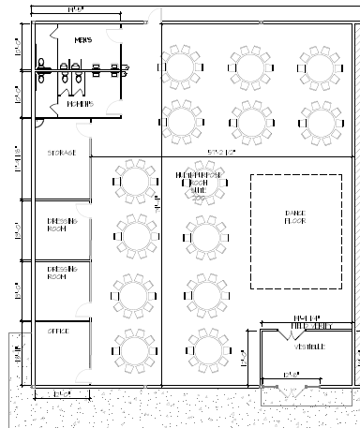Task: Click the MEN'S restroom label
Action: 83,40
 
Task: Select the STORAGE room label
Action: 62,152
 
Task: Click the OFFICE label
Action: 58,331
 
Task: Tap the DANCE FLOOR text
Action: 294,217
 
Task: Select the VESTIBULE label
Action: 309,347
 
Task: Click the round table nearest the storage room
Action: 136,179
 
